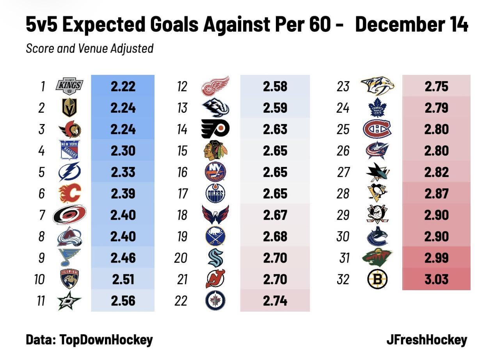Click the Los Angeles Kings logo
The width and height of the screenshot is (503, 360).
(x=69, y=86)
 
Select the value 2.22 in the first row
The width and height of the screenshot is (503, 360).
(x=123, y=86)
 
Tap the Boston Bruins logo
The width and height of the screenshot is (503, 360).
(x=377, y=279)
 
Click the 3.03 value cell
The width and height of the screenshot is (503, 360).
(x=436, y=279)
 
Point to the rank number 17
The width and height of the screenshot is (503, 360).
(x=182, y=194)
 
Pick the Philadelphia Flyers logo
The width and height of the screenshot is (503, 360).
(x=215, y=129)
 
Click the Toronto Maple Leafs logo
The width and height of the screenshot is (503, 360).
(x=377, y=108)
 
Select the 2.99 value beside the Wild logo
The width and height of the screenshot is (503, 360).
(x=436, y=258)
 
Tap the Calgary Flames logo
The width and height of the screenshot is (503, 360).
(x=69, y=193)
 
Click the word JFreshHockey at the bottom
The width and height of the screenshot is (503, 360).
(x=427, y=340)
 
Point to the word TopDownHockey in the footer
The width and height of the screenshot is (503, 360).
(x=106, y=340)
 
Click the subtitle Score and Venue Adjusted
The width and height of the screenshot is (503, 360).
(x=89, y=49)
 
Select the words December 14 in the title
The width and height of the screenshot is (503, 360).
(x=412, y=25)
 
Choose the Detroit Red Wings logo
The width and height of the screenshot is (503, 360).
(x=215, y=86)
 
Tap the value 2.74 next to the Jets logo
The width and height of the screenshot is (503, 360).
(x=275, y=301)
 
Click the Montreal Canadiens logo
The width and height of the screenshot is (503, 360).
(x=377, y=129)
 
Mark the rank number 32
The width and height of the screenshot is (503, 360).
(x=343, y=280)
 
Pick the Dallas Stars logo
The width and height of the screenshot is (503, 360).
(x=69, y=301)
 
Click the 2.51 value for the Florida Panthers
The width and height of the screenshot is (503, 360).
(x=123, y=279)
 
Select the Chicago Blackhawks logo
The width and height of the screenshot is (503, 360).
(x=215, y=151)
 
